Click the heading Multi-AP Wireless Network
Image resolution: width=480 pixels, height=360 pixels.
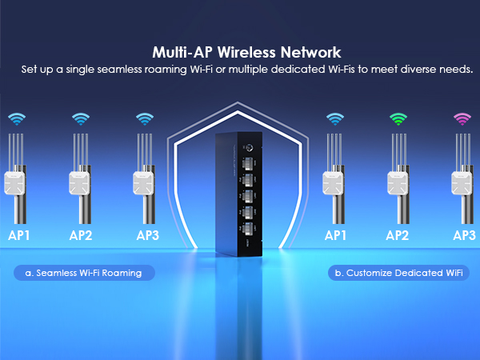[x=241, y=54]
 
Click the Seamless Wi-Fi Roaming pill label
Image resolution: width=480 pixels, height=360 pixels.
[x=83, y=273]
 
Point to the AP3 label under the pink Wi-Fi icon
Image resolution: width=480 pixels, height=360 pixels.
[x=464, y=235]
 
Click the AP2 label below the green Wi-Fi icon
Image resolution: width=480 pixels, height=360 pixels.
[x=398, y=235]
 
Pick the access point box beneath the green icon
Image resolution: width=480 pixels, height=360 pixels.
[x=398, y=184]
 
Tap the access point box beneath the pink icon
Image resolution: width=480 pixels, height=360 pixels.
[x=463, y=184]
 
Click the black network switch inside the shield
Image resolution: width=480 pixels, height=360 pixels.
[x=239, y=196]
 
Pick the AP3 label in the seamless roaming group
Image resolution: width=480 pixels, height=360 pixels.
[x=148, y=235]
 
